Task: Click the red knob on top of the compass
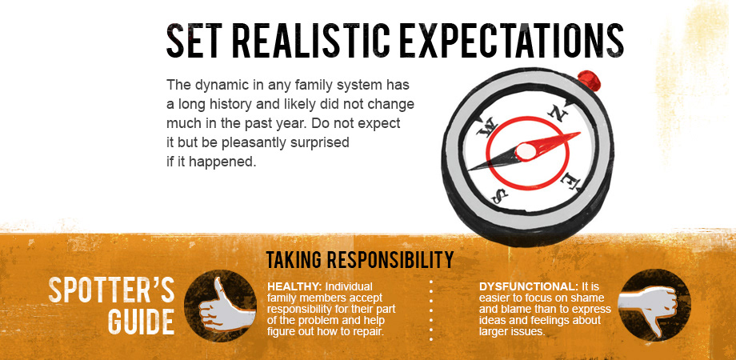(x=589, y=80)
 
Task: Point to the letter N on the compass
(x=559, y=112)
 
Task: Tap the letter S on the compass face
(x=499, y=195)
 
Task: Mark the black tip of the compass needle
(x=469, y=169)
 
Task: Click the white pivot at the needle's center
(x=526, y=151)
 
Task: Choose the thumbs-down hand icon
(x=649, y=306)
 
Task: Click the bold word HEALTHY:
(x=294, y=286)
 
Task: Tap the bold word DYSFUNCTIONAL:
(x=529, y=286)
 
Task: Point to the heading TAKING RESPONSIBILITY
(x=360, y=260)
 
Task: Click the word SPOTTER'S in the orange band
(x=112, y=290)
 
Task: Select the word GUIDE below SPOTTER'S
(x=142, y=322)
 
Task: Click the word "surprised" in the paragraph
(x=320, y=142)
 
